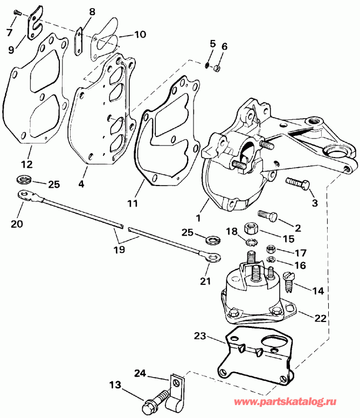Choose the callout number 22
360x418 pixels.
(x=320, y=319)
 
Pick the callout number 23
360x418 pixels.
(x=199, y=335)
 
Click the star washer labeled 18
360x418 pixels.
(x=251, y=241)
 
